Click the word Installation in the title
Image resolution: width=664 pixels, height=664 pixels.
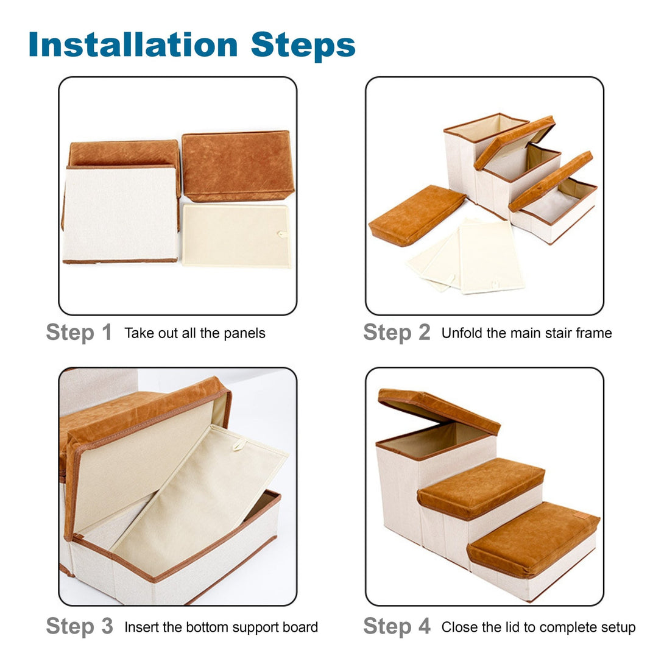133,44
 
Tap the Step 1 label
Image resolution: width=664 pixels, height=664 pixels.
79,333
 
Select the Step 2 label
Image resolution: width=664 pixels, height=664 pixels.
397,333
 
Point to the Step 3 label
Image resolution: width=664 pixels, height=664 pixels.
79,626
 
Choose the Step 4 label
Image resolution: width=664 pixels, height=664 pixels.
397,626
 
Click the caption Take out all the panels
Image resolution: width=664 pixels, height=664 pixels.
195,333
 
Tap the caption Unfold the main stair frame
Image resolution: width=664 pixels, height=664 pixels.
526,333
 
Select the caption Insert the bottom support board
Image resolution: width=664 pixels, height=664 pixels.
221,627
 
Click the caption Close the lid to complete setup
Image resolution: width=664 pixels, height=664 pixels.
539,627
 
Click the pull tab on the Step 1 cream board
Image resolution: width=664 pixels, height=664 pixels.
282,234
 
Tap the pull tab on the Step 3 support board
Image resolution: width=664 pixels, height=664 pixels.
239,445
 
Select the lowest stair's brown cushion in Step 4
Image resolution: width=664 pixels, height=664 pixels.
534,539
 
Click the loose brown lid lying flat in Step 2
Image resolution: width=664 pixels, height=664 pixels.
417,214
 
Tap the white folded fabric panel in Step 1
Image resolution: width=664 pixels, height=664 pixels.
120,214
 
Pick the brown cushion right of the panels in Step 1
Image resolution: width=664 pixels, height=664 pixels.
238,166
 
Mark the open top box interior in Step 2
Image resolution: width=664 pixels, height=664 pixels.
487,127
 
